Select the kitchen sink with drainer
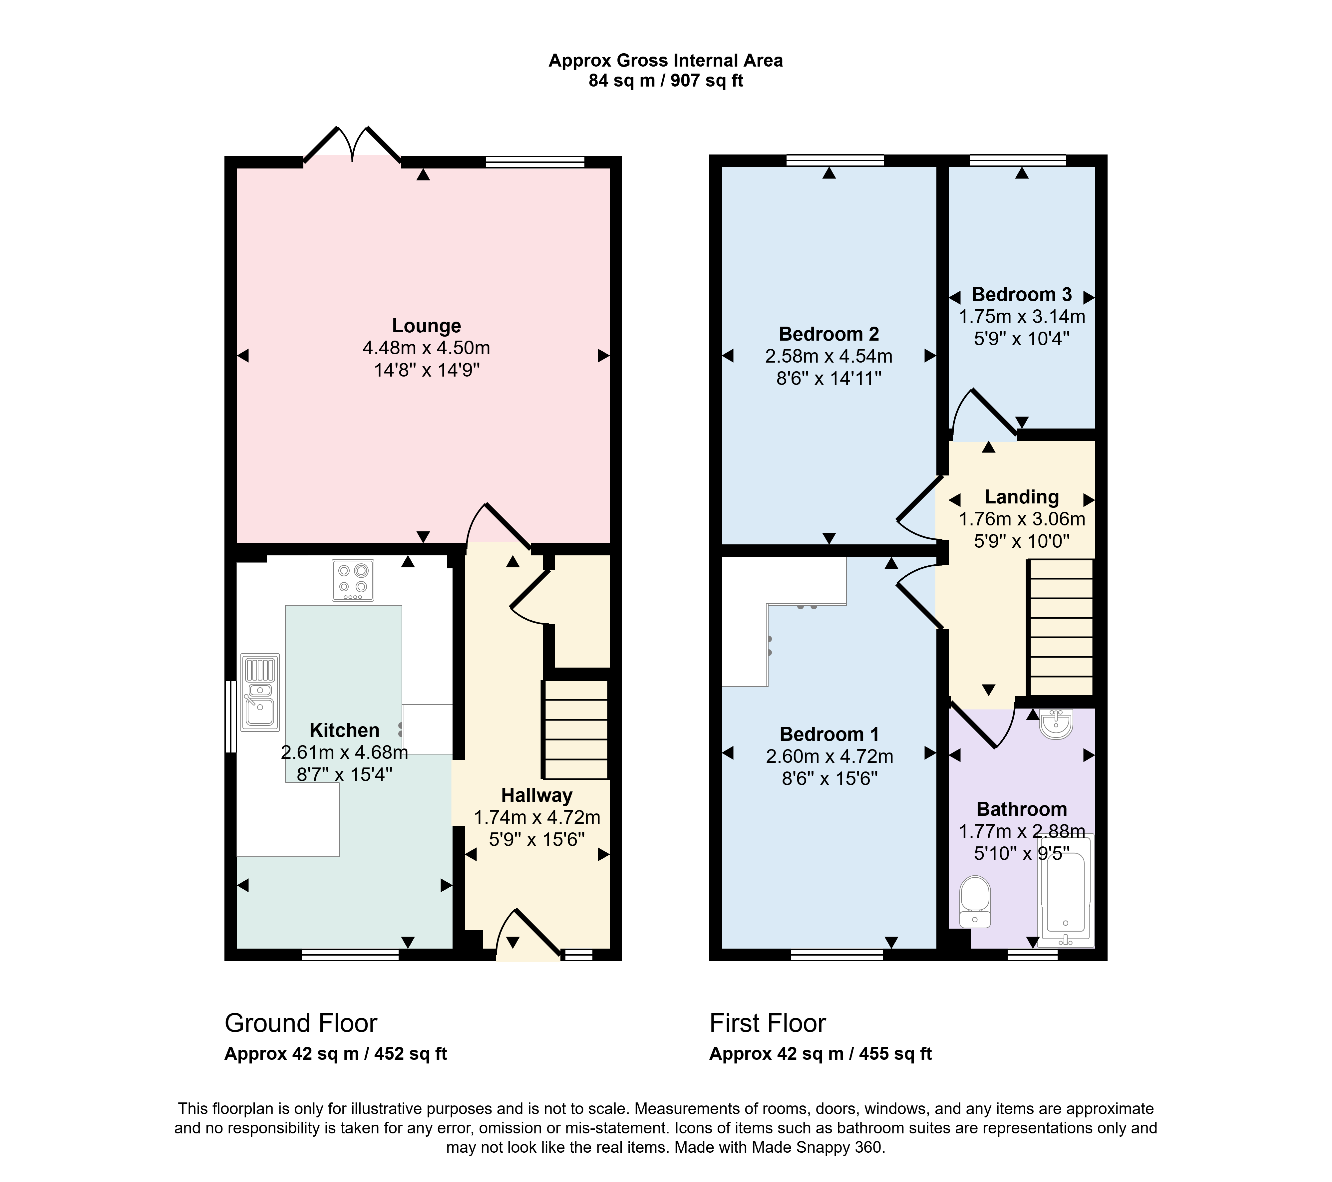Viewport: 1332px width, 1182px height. click(260, 692)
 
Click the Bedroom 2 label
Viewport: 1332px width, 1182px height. click(829, 334)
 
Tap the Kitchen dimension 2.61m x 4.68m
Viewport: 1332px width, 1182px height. click(344, 752)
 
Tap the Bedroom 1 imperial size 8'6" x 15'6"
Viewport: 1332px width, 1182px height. click(830, 779)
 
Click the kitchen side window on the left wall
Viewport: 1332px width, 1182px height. click(231, 717)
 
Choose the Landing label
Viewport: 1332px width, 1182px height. click(1022, 497)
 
